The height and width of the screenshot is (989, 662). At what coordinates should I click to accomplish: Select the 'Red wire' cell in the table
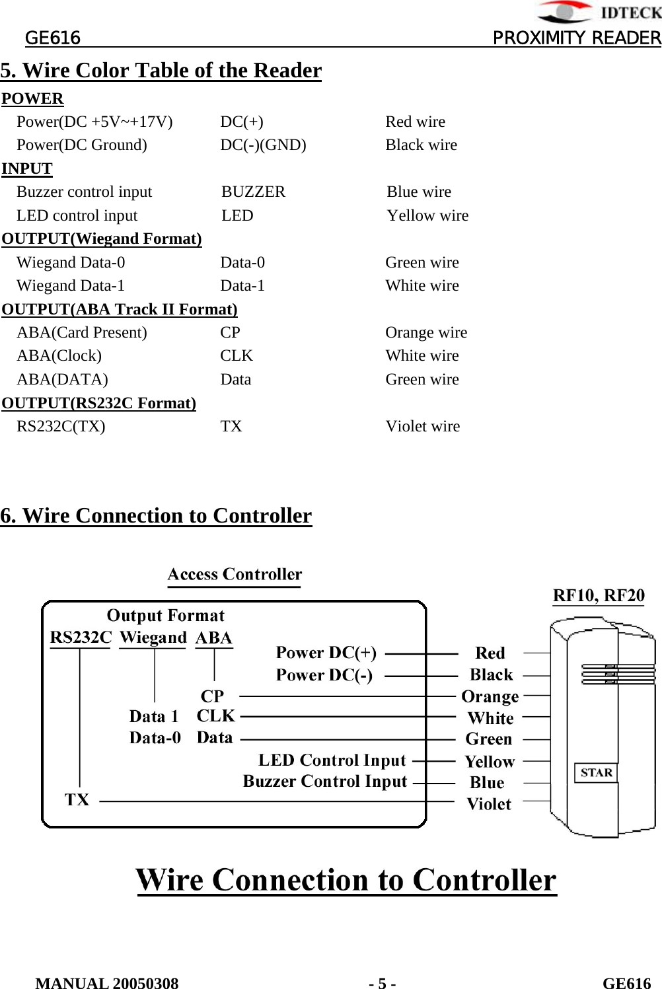[x=415, y=122]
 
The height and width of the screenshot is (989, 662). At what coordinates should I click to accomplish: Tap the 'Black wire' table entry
[x=421, y=145]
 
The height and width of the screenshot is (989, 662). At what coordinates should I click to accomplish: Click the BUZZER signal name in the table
[x=253, y=192]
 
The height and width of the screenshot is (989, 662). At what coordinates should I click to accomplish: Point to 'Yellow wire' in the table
[x=427, y=215]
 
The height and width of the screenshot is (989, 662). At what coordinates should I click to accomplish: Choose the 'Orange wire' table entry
[x=426, y=332]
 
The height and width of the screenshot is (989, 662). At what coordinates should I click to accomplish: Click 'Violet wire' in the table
[x=422, y=426]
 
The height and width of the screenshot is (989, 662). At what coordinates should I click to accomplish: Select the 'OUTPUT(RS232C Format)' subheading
[x=99, y=403]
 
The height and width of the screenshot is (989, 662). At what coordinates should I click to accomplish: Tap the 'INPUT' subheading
[x=27, y=168]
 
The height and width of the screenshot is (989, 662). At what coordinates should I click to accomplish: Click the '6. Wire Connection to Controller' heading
[x=156, y=515]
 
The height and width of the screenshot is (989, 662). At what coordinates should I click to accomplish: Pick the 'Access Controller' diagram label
[x=235, y=574]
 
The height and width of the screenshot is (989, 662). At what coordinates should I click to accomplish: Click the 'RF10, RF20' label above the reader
[x=599, y=595]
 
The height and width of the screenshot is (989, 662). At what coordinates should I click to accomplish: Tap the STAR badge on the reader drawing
[x=596, y=772]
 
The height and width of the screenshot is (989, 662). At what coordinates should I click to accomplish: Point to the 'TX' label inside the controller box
[x=77, y=800]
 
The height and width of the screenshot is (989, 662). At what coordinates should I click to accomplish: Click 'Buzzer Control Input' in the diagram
[x=325, y=781]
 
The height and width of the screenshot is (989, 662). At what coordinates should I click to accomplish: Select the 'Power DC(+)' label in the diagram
[x=326, y=653]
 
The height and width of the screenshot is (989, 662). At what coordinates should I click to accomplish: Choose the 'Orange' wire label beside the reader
[x=490, y=696]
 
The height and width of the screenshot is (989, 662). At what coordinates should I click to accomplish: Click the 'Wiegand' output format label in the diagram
[x=153, y=638]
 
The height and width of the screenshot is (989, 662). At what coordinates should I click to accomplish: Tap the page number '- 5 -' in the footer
[x=383, y=983]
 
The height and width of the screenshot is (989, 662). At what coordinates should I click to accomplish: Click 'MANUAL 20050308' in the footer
[x=107, y=983]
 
